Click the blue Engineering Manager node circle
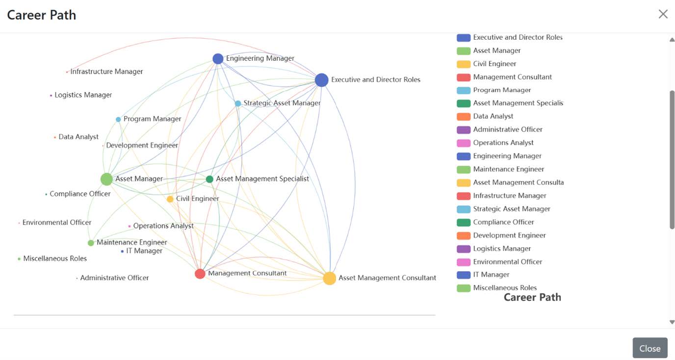pyautogui.click(x=218, y=59)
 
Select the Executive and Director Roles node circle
pyautogui.click(x=321, y=80)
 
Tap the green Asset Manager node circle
pyautogui.click(x=106, y=179)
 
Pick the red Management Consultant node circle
pyautogui.click(x=200, y=274)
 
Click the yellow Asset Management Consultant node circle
pyautogui.click(x=330, y=278)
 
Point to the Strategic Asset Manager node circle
pyautogui.click(x=238, y=103)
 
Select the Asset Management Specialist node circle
pyautogui.click(x=209, y=179)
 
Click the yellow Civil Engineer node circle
pyautogui.click(x=170, y=199)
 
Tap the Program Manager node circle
pyautogui.click(x=118, y=119)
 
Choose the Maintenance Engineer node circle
pyautogui.click(x=91, y=243)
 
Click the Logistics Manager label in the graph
pyautogui.click(x=83, y=95)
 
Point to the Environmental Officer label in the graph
pyautogui.click(x=57, y=223)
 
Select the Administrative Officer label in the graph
pyautogui.click(x=114, y=278)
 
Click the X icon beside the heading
pyautogui.click(x=663, y=14)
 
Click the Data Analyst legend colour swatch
pyautogui.click(x=464, y=117)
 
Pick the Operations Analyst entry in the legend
pyautogui.click(x=503, y=143)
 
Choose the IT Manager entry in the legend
pyautogui.click(x=491, y=275)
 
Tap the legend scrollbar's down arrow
pyautogui.click(x=672, y=322)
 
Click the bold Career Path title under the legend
pyautogui.click(x=532, y=297)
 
